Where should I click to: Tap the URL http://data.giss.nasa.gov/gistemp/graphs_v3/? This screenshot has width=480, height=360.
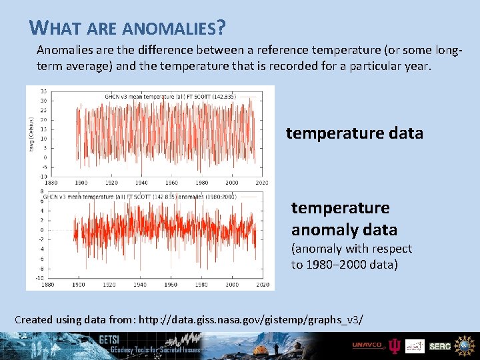(249, 319)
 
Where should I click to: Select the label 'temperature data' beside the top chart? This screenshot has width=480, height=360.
(354, 133)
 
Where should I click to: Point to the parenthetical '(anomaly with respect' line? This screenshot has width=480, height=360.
(351, 249)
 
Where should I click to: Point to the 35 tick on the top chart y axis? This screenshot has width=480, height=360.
(43, 91)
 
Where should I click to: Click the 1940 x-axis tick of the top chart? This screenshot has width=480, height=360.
(141, 183)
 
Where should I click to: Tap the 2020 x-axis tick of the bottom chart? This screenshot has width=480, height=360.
(262, 285)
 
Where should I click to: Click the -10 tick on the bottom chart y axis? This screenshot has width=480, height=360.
(40, 277)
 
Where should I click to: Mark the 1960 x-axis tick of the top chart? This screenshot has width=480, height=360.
(171, 183)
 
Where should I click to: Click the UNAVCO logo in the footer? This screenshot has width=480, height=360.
(368, 345)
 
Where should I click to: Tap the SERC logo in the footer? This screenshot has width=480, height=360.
(439, 346)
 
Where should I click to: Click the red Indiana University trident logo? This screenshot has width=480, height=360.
(394, 345)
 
